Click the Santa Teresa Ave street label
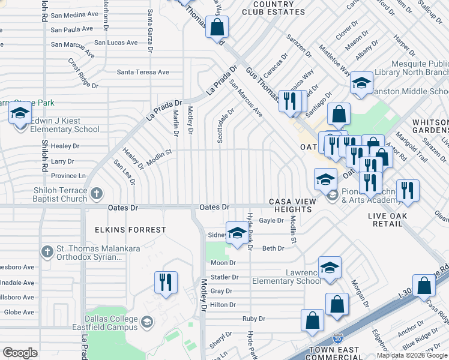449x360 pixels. point(143,72)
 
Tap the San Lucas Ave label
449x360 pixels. point(116,43)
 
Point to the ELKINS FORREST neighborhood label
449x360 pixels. point(130,230)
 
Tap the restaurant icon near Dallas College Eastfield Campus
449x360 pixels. point(166,281)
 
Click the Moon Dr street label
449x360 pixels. point(223,263)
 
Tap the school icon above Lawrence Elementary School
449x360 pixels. point(330,268)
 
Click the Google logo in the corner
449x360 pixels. point(20,353)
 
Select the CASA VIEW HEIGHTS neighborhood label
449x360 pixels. point(290,205)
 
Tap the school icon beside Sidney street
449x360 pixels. point(237,233)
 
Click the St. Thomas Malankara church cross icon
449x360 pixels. point(47,251)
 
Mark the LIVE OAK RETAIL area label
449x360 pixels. point(388,220)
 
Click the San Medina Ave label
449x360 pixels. point(74,14)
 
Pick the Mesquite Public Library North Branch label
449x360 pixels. point(411,68)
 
